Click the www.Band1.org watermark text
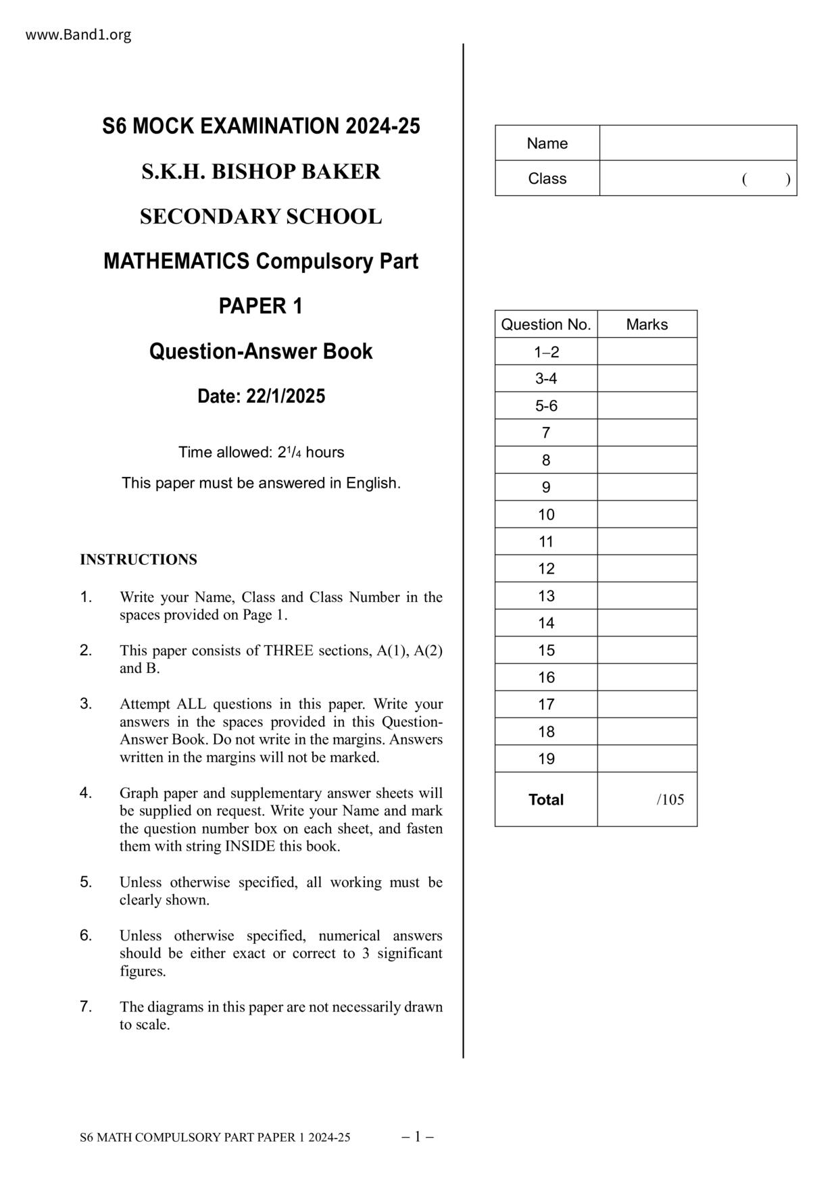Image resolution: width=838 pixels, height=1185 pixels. [x=78, y=34]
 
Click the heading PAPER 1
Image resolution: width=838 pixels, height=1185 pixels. [x=261, y=306]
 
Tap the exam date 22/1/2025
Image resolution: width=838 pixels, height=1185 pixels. [x=285, y=396]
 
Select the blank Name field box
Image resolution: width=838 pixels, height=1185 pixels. [x=697, y=143]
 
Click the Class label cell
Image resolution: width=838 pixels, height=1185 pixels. [x=547, y=178]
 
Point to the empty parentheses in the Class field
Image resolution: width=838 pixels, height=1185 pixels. [x=766, y=179]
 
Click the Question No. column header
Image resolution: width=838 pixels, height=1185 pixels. [x=546, y=324]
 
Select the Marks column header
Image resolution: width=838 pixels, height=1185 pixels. [x=647, y=324]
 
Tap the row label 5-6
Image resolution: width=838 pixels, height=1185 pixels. [x=546, y=406]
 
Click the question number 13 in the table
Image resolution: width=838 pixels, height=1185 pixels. [x=546, y=596]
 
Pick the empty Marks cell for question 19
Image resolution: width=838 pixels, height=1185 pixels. [x=647, y=759]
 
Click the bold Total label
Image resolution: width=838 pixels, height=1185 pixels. [x=546, y=799]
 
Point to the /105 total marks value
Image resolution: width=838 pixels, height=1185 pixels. [x=670, y=800]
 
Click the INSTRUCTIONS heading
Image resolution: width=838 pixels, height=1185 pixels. [x=139, y=559]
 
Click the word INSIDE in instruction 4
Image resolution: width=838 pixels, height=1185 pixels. [x=250, y=846]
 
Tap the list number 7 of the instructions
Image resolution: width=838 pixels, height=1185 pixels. [x=86, y=1007]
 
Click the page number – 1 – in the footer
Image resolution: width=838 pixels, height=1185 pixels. [x=418, y=1136]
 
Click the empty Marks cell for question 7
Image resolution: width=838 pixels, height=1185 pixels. [x=647, y=433]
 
